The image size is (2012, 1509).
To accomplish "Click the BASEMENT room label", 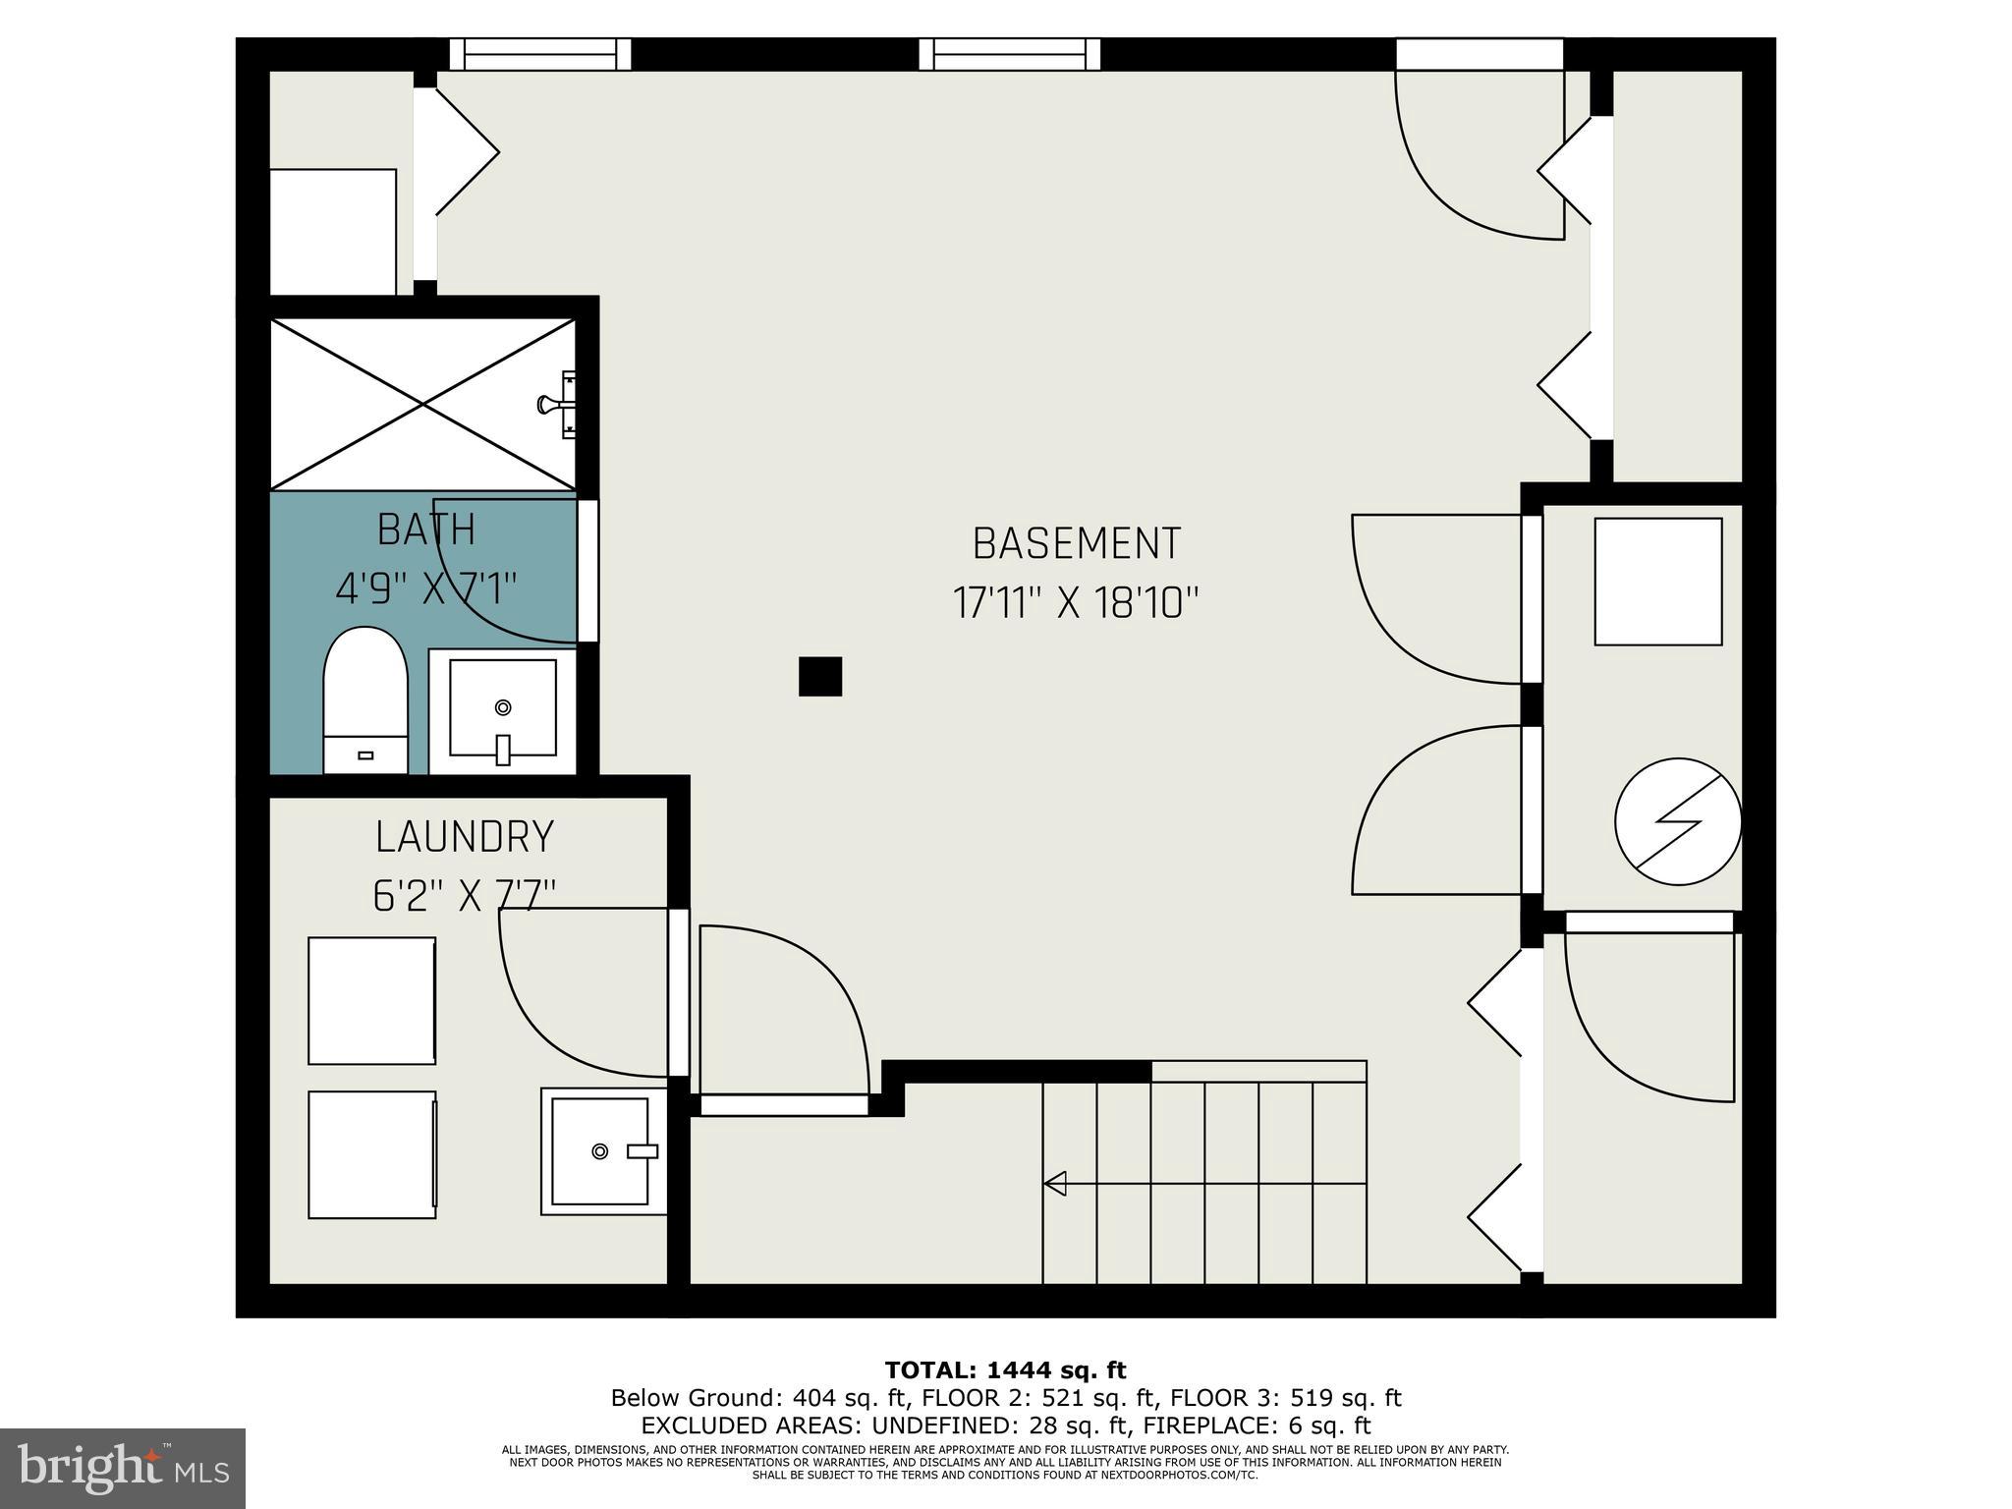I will [x=1076, y=544].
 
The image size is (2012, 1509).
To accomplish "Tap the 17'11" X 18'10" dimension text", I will [x=1076, y=602].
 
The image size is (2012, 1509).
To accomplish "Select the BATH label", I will [x=426, y=531].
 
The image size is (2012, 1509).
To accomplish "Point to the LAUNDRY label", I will [x=465, y=837].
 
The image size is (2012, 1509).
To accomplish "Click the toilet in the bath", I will [x=365, y=699].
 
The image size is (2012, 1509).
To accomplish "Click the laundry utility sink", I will [x=600, y=1150].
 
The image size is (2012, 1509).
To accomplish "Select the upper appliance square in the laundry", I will [x=371, y=1000].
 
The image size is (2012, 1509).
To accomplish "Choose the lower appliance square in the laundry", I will [x=371, y=1154].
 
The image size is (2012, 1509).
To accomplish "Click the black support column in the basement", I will [x=820, y=676].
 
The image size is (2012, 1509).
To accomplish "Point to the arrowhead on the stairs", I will [x=1055, y=1183].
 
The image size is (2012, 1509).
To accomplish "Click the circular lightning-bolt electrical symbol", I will [x=1678, y=821].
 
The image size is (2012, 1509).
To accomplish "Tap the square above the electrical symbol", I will [x=1657, y=582].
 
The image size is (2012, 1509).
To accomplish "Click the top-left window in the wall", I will [x=539, y=55].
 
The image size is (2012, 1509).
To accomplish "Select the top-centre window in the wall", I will [x=1009, y=55].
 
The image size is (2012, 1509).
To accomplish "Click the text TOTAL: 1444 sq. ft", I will [x=1005, y=1369].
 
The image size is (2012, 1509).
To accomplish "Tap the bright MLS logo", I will [x=122, y=1469].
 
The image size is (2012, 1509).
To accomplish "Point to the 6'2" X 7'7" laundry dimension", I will [x=465, y=895].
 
